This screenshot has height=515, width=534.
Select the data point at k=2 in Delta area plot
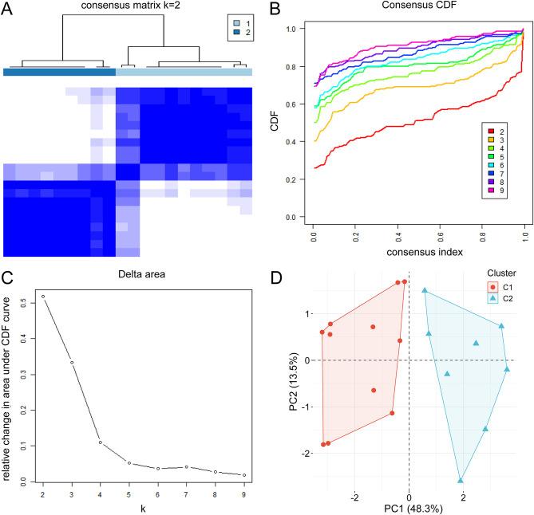coord(42,297)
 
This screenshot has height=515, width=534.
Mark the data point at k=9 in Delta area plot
coord(243,475)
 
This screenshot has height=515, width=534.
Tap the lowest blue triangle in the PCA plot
coord(461,480)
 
